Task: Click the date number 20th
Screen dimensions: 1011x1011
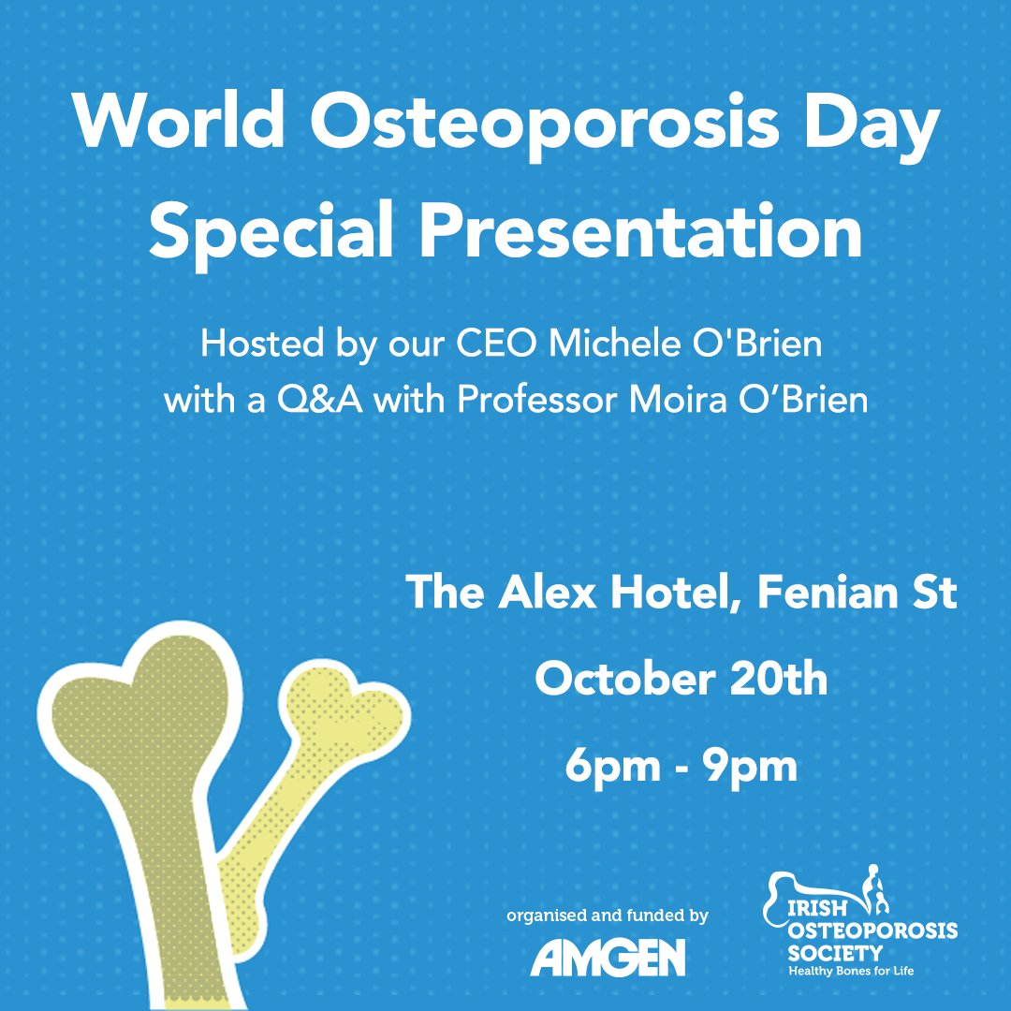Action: click(x=780, y=679)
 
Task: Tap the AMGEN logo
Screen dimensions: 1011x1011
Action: click(x=608, y=957)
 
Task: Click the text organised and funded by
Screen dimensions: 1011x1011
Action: click(x=607, y=915)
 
